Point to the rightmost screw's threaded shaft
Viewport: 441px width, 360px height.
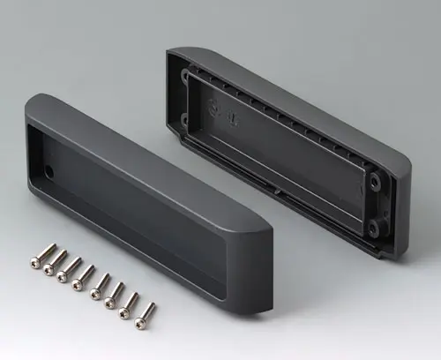[x=148, y=310]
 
